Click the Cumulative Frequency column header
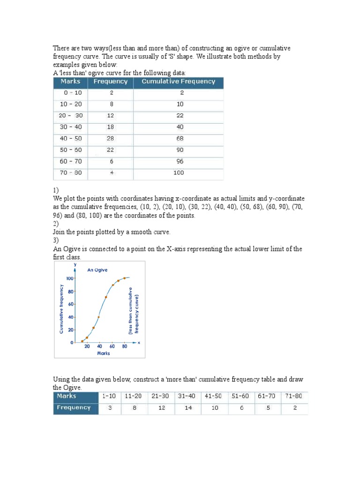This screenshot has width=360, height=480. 178,82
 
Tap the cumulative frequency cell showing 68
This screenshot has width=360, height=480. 180,139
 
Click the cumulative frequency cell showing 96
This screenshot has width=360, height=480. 180,162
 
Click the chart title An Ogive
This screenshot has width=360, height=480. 97,270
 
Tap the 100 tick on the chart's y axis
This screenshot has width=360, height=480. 69,278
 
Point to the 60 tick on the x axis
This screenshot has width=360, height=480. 112,346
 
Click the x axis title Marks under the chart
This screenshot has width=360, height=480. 103,353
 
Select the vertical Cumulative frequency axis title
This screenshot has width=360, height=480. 61,309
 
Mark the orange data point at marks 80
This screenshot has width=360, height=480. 125,278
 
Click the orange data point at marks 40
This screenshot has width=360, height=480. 99,317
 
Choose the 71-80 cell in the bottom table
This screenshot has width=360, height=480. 295,396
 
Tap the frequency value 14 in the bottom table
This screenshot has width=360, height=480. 188,408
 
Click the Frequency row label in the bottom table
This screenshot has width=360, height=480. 74,408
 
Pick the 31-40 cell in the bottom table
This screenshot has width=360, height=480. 188,396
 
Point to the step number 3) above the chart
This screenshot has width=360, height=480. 56,240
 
